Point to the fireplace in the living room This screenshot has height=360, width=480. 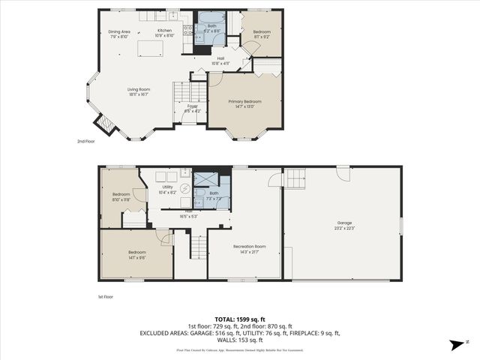(103, 124)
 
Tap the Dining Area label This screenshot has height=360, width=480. (118, 34)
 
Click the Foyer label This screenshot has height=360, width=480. (192, 108)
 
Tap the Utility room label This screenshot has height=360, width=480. (167, 189)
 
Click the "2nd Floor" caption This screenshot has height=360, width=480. (86, 141)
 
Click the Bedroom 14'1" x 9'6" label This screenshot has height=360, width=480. (136, 254)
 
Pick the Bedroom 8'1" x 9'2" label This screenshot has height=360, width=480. (261, 34)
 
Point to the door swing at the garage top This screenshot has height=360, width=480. (343, 173)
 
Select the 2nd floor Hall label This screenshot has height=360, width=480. (220, 61)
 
